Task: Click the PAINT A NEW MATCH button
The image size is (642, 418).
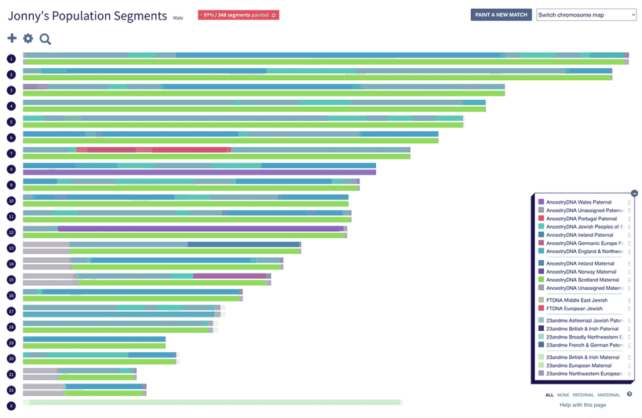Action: (x=501, y=14)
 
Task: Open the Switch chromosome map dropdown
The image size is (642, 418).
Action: (x=586, y=14)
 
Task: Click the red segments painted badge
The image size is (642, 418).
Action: (x=238, y=14)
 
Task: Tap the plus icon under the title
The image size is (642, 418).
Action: (x=12, y=39)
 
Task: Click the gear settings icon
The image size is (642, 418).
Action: (x=28, y=39)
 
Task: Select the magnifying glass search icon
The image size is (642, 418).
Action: (x=45, y=39)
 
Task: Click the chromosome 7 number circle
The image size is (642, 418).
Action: (x=11, y=153)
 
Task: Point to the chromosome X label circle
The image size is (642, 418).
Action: (x=11, y=405)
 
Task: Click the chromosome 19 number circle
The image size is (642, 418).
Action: (x=11, y=343)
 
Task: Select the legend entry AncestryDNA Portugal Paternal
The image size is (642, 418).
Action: (x=581, y=218)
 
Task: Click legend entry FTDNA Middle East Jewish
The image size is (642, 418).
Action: (x=577, y=301)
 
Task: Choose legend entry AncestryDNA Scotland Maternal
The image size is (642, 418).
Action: (x=582, y=280)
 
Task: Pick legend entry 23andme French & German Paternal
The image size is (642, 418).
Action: (x=582, y=345)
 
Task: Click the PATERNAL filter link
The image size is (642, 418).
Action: (x=582, y=395)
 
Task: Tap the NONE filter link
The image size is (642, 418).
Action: (x=563, y=395)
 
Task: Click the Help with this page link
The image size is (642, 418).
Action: (x=582, y=405)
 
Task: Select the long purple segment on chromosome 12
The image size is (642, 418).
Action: (x=201, y=228)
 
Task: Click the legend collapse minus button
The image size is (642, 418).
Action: (x=634, y=193)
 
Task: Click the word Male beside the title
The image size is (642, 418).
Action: (x=178, y=18)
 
